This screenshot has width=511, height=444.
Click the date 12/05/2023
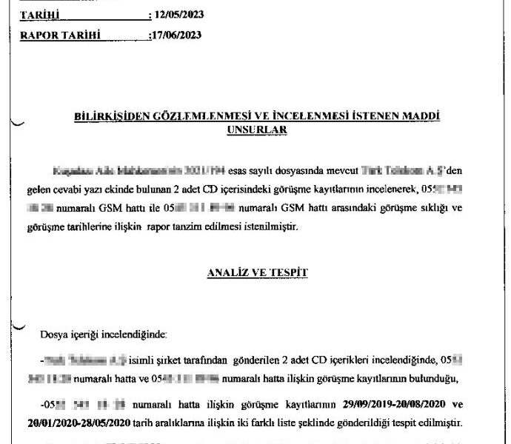click(x=179, y=14)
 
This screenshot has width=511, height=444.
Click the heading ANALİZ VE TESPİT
click(x=257, y=272)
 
